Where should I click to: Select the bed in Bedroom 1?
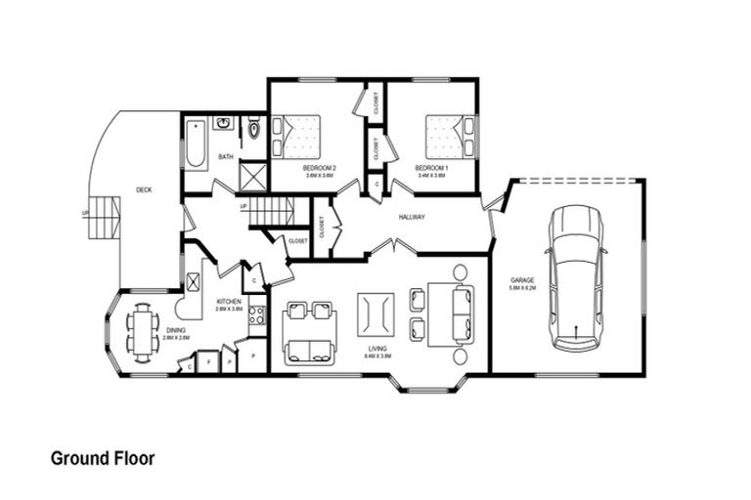(x=450, y=137)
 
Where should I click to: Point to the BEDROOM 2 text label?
(x=320, y=168)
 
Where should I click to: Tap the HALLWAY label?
(x=412, y=217)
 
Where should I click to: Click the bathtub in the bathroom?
(x=195, y=143)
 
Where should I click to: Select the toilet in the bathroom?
(x=253, y=128)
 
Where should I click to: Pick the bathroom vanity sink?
(x=223, y=124)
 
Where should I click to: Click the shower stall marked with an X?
(x=253, y=176)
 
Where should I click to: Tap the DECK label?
(x=144, y=190)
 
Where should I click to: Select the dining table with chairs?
(x=144, y=332)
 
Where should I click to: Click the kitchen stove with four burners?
(x=256, y=314)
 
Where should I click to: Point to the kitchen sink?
(x=194, y=281)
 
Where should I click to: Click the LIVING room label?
(x=376, y=349)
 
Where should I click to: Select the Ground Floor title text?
(x=102, y=458)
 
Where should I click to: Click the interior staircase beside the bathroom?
(x=270, y=210)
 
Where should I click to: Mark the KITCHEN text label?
(x=228, y=302)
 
